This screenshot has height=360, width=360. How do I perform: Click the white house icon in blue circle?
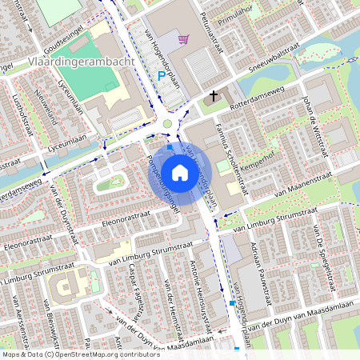(x=180, y=172)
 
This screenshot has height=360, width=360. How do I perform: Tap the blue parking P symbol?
(x=161, y=76)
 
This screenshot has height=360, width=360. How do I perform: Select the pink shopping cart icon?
(x=184, y=38)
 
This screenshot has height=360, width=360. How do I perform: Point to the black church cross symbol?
(x=213, y=96)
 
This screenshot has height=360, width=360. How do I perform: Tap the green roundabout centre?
(x=166, y=123)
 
